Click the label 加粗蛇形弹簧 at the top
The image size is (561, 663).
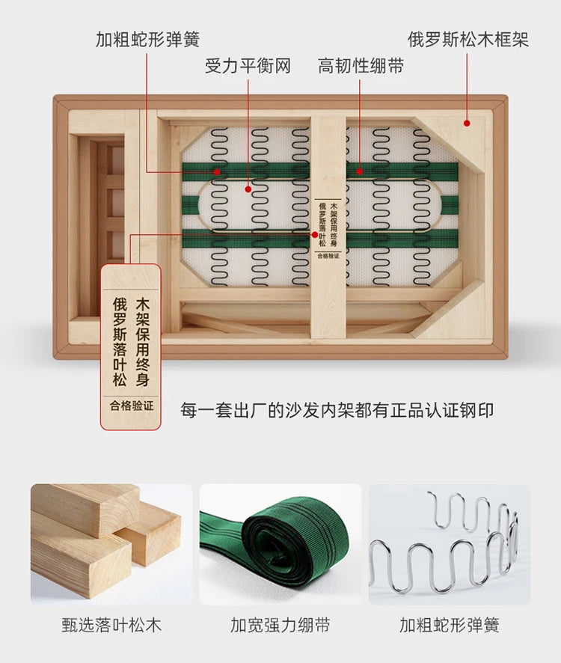coord(147,40)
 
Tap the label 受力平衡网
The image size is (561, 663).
coord(248,66)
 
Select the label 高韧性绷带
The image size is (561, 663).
coord(361,66)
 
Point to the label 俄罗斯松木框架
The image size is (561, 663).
coord(468,40)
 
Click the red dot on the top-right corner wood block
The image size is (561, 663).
coord(467,123)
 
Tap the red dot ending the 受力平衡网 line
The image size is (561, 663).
coord(248,189)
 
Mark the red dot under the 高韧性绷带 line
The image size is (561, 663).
coord(359,171)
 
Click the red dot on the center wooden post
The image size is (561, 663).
coord(314,235)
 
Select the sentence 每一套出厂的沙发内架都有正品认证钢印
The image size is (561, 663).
coord(337,410)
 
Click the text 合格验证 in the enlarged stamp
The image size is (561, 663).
coord(132,406)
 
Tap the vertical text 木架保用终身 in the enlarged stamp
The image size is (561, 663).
coord(143,343)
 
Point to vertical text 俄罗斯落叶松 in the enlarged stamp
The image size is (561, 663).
coord(120,343)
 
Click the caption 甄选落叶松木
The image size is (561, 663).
coord(111,625)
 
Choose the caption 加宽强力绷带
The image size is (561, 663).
coord(280,625)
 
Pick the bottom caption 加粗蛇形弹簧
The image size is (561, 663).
coord(450,625)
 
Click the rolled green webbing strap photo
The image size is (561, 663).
coord(280,545)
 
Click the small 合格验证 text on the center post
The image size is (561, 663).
coord(328,256)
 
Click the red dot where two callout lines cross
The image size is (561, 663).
coord(217,172)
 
